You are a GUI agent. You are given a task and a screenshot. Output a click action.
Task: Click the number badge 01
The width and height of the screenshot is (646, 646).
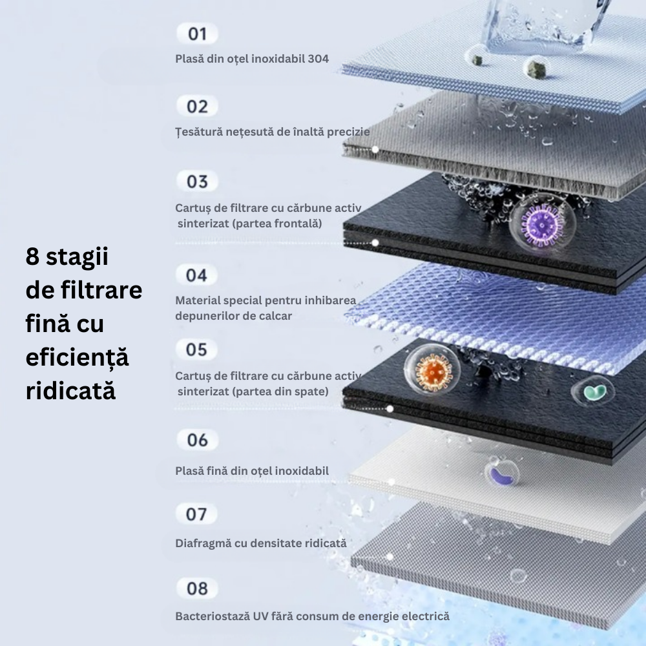coord(197,33)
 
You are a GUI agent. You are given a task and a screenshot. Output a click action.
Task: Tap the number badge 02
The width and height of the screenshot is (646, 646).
coord(197,107)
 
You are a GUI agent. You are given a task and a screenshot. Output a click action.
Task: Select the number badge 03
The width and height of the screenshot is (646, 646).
coord(197,182)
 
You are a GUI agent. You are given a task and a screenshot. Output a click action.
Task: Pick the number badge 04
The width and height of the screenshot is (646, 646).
coord(196,275)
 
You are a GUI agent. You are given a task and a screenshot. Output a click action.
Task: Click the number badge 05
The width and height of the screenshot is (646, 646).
coord(196,349)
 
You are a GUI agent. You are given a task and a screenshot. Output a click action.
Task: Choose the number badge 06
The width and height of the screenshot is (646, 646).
coord(197,440)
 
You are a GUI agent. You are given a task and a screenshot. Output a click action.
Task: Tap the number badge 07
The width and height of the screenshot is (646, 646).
coord(196,514)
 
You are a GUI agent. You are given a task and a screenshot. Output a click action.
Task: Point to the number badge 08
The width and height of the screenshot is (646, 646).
coord(197,589)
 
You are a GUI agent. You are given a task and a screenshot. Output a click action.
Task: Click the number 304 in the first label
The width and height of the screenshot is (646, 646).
coord(318,59)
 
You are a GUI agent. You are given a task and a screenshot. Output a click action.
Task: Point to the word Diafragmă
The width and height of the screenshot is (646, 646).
coord(202,543)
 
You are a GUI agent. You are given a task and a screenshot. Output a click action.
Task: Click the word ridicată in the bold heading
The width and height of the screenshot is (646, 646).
coord(70,391)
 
